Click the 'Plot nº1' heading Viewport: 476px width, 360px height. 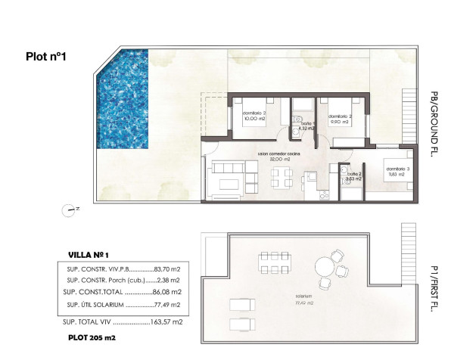coord(47,55)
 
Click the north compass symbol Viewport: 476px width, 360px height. coord(70,209)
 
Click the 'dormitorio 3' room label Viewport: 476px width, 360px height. coord(396,168)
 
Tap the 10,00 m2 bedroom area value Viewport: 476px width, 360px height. coord(254,119)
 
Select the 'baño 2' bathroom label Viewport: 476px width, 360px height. coord(353,174)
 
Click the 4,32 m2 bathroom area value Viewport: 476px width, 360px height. coord(306,129)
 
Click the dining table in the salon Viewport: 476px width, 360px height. coord(282,178)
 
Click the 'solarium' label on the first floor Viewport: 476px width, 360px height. coord(306,296)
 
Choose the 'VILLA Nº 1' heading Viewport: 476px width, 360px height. coord(89,256)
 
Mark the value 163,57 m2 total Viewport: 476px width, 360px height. coord(167,322)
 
